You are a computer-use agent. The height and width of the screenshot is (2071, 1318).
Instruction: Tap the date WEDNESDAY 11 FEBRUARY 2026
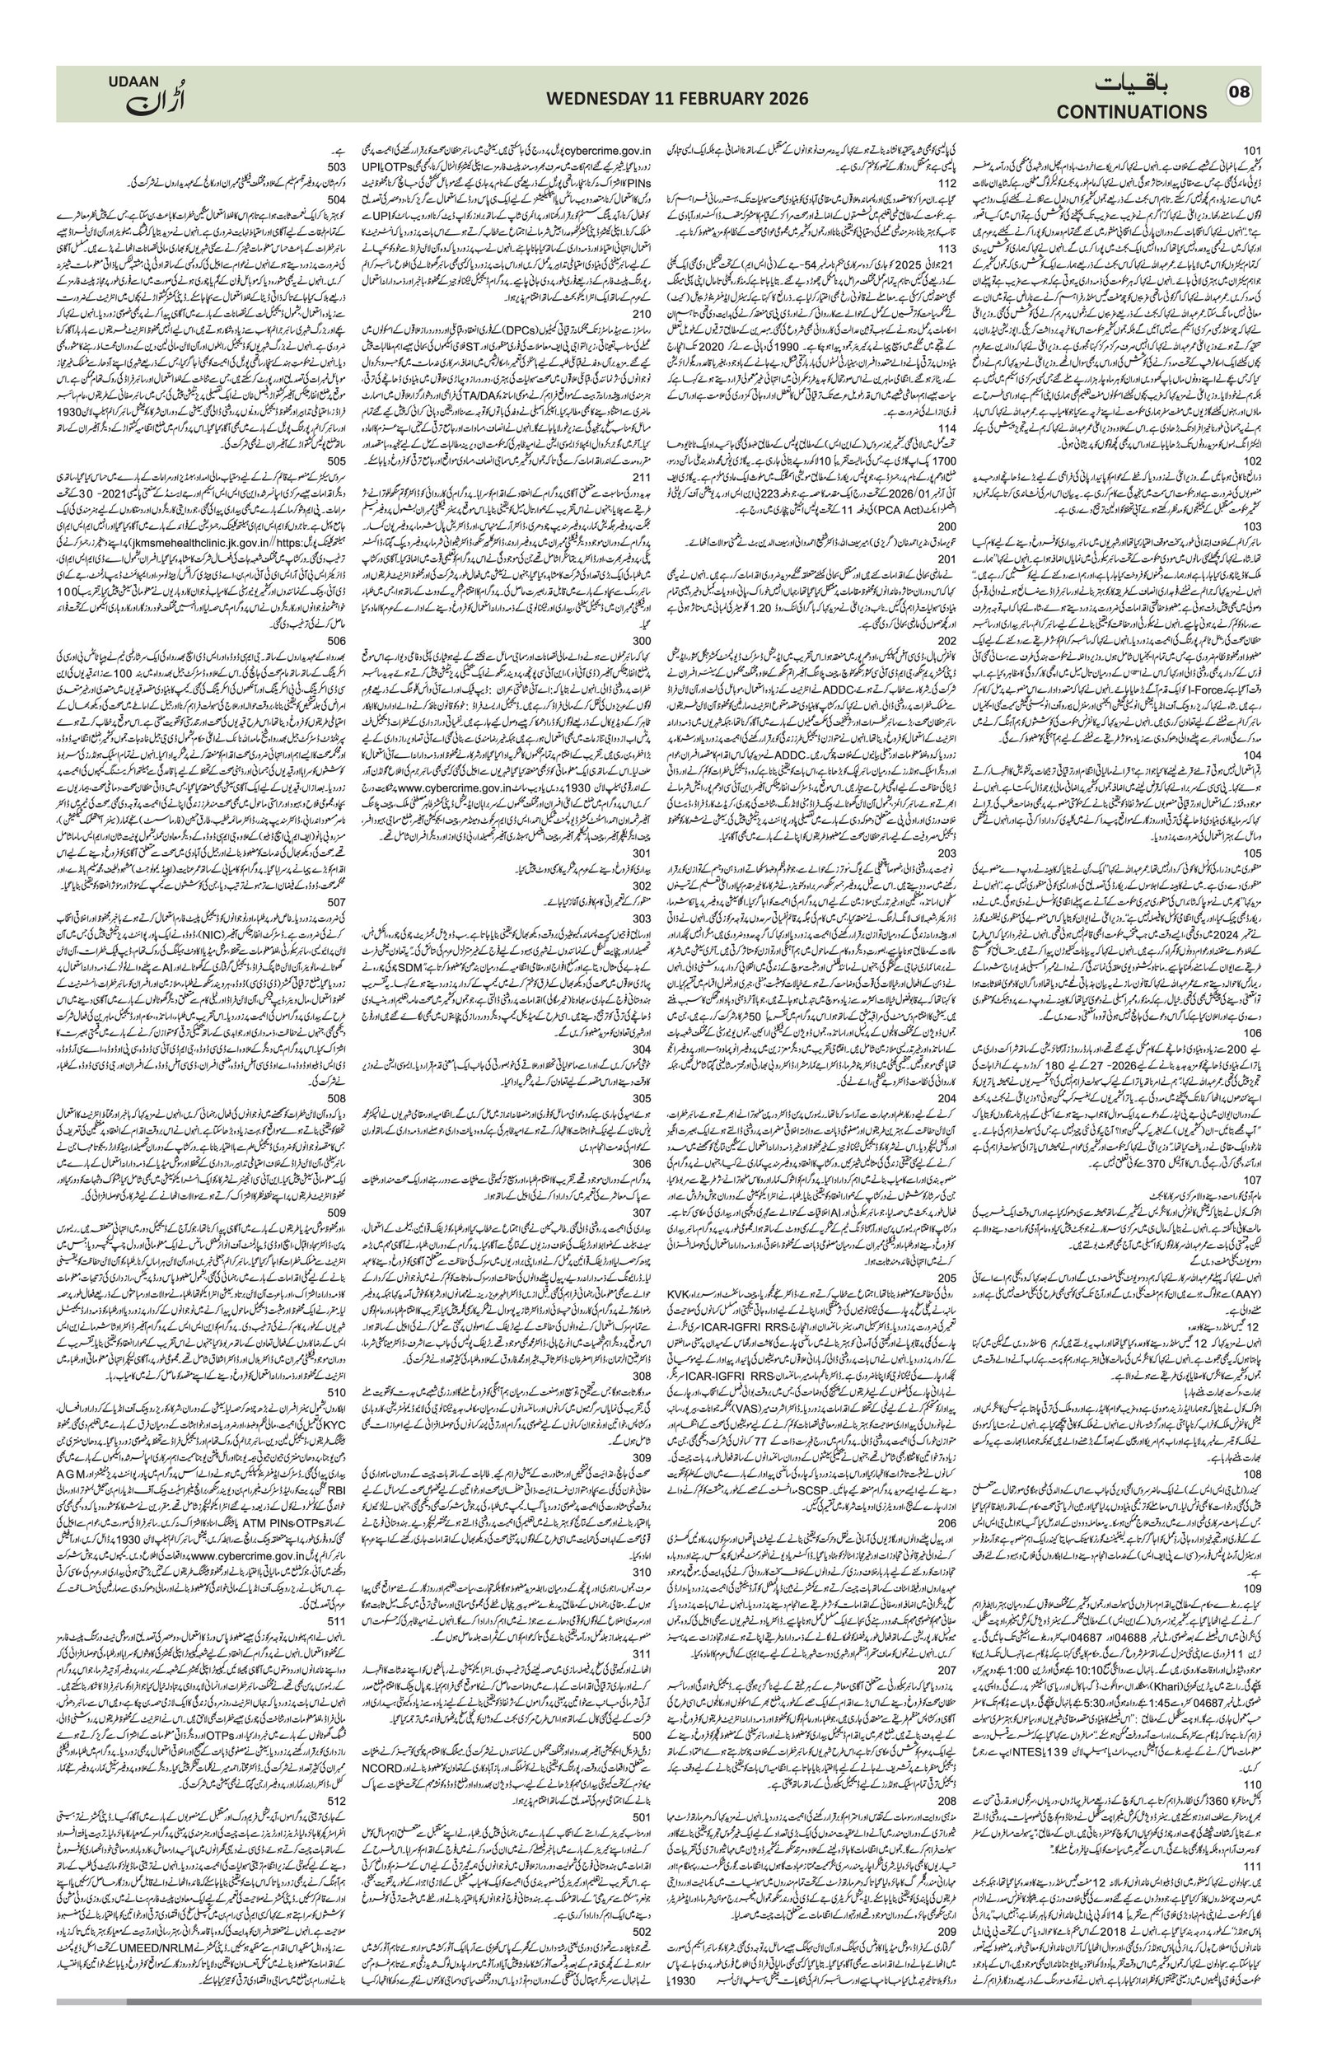pos(677,98)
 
